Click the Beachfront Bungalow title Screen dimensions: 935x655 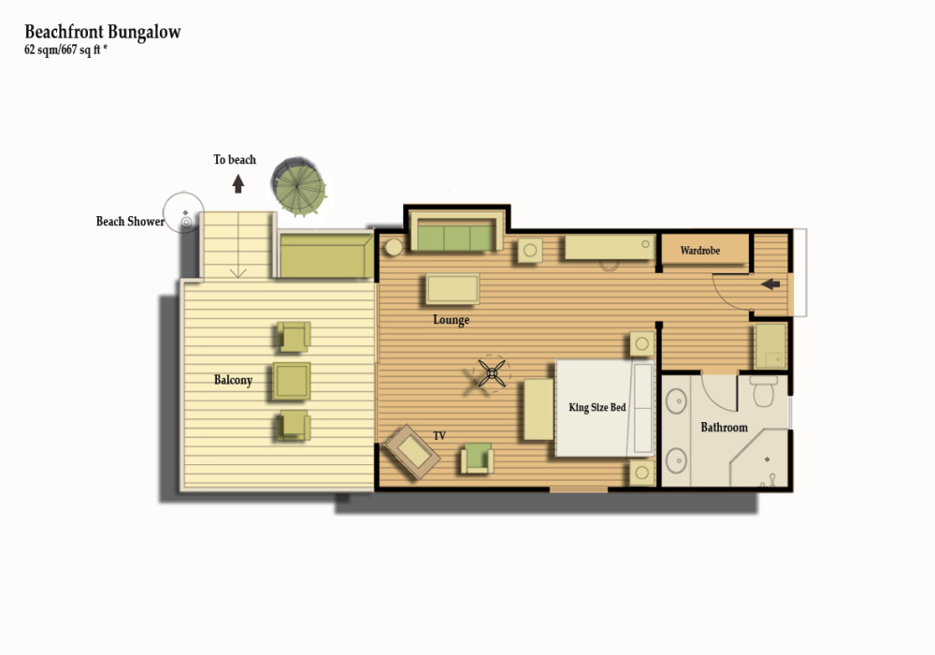tap(103, 32)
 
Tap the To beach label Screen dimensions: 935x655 tap(235, 160)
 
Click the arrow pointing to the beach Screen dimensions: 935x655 tap(237, 183)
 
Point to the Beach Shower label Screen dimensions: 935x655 tap(130, 222)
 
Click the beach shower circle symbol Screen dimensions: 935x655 tap(183, 212)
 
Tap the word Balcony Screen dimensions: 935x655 tap(233, 380)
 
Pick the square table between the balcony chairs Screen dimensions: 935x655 tap(292, 381)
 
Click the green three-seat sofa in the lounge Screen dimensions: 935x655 tap(455, 234)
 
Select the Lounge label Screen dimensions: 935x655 tap(452, 320)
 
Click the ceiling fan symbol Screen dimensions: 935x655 tap(492, 374)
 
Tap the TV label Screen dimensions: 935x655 tap(439, 436)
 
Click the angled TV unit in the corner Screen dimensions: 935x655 tap(411, 452)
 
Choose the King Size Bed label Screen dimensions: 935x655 tap(597, 407)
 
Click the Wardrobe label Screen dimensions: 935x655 tap(700, 251)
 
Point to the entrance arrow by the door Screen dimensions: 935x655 tap(770, 284)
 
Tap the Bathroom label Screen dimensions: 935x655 tap(724, 427)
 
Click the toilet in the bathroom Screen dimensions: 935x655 tap(764, 390)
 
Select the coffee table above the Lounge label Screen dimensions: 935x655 tap(453, 289)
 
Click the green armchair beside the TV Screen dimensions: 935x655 tap(477, 458)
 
